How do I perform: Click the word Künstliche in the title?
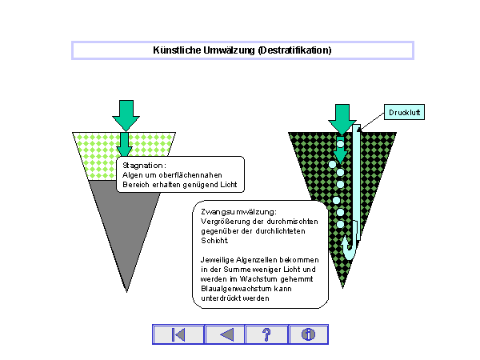click(175, 50)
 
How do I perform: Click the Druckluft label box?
click(403, 113)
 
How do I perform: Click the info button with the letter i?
click(308, 334)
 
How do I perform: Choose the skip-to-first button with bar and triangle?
click(178, 334)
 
